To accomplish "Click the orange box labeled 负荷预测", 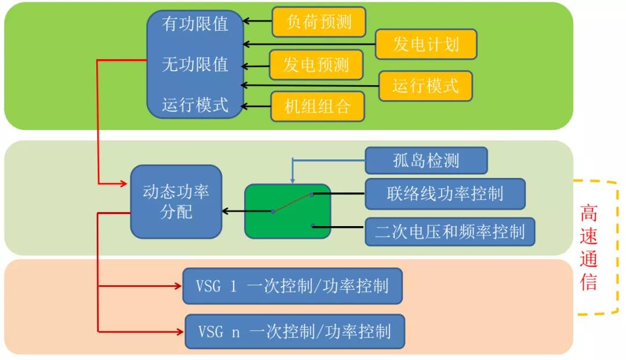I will pos(318,23).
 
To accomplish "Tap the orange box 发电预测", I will pos(316,65).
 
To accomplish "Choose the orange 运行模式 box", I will pos(425,86).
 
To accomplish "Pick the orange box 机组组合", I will pos(318,106).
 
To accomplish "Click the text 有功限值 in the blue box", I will pos(195,24).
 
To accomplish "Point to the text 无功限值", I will pos(195,64).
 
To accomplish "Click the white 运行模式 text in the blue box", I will pos(195,105).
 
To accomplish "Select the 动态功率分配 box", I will pos(176,202).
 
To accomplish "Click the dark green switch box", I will pos(287,212).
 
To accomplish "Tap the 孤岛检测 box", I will pos(426,160).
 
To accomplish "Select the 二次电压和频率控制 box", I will pos(450,232).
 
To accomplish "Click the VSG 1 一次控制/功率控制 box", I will pos(293,286).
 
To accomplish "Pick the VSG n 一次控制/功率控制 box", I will pos(294,332).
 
